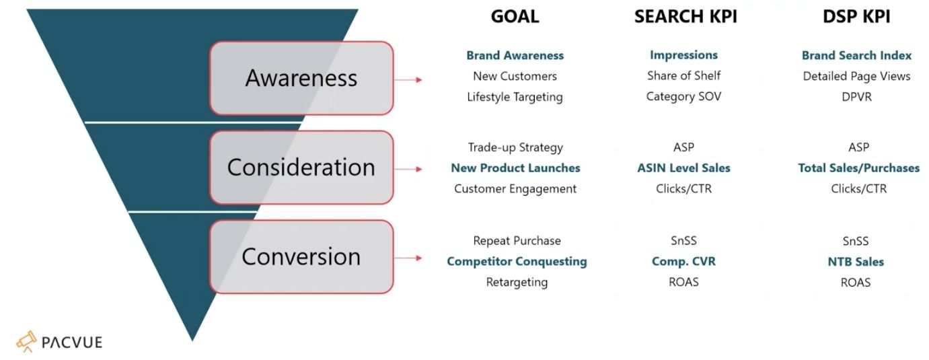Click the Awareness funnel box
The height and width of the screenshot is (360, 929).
pos(301,78)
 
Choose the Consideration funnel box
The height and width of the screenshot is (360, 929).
pos(301,168)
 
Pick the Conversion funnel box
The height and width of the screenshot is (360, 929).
pos(301,256)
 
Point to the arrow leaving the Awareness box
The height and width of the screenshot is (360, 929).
pos(408,80)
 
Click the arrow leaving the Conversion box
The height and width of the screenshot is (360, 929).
pos(408,258)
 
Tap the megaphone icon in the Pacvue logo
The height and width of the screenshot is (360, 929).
pos(26,341)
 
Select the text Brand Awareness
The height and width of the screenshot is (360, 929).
pos(515,55)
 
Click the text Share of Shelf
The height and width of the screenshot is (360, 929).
pos(683,76)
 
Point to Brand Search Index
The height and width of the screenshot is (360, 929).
pos(856,55)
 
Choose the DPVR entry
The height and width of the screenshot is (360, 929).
pos(856,97)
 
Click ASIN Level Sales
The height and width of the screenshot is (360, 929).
pos(683,168)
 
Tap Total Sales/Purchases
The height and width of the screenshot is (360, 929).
pos(858,168)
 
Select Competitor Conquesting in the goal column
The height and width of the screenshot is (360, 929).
pos(517,261)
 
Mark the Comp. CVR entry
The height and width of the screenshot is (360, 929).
pos(683,261)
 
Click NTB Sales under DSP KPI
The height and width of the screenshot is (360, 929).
pos(856,262)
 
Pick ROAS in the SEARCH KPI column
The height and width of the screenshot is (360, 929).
pos(683,282)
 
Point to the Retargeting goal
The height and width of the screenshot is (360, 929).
pos(517,282)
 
